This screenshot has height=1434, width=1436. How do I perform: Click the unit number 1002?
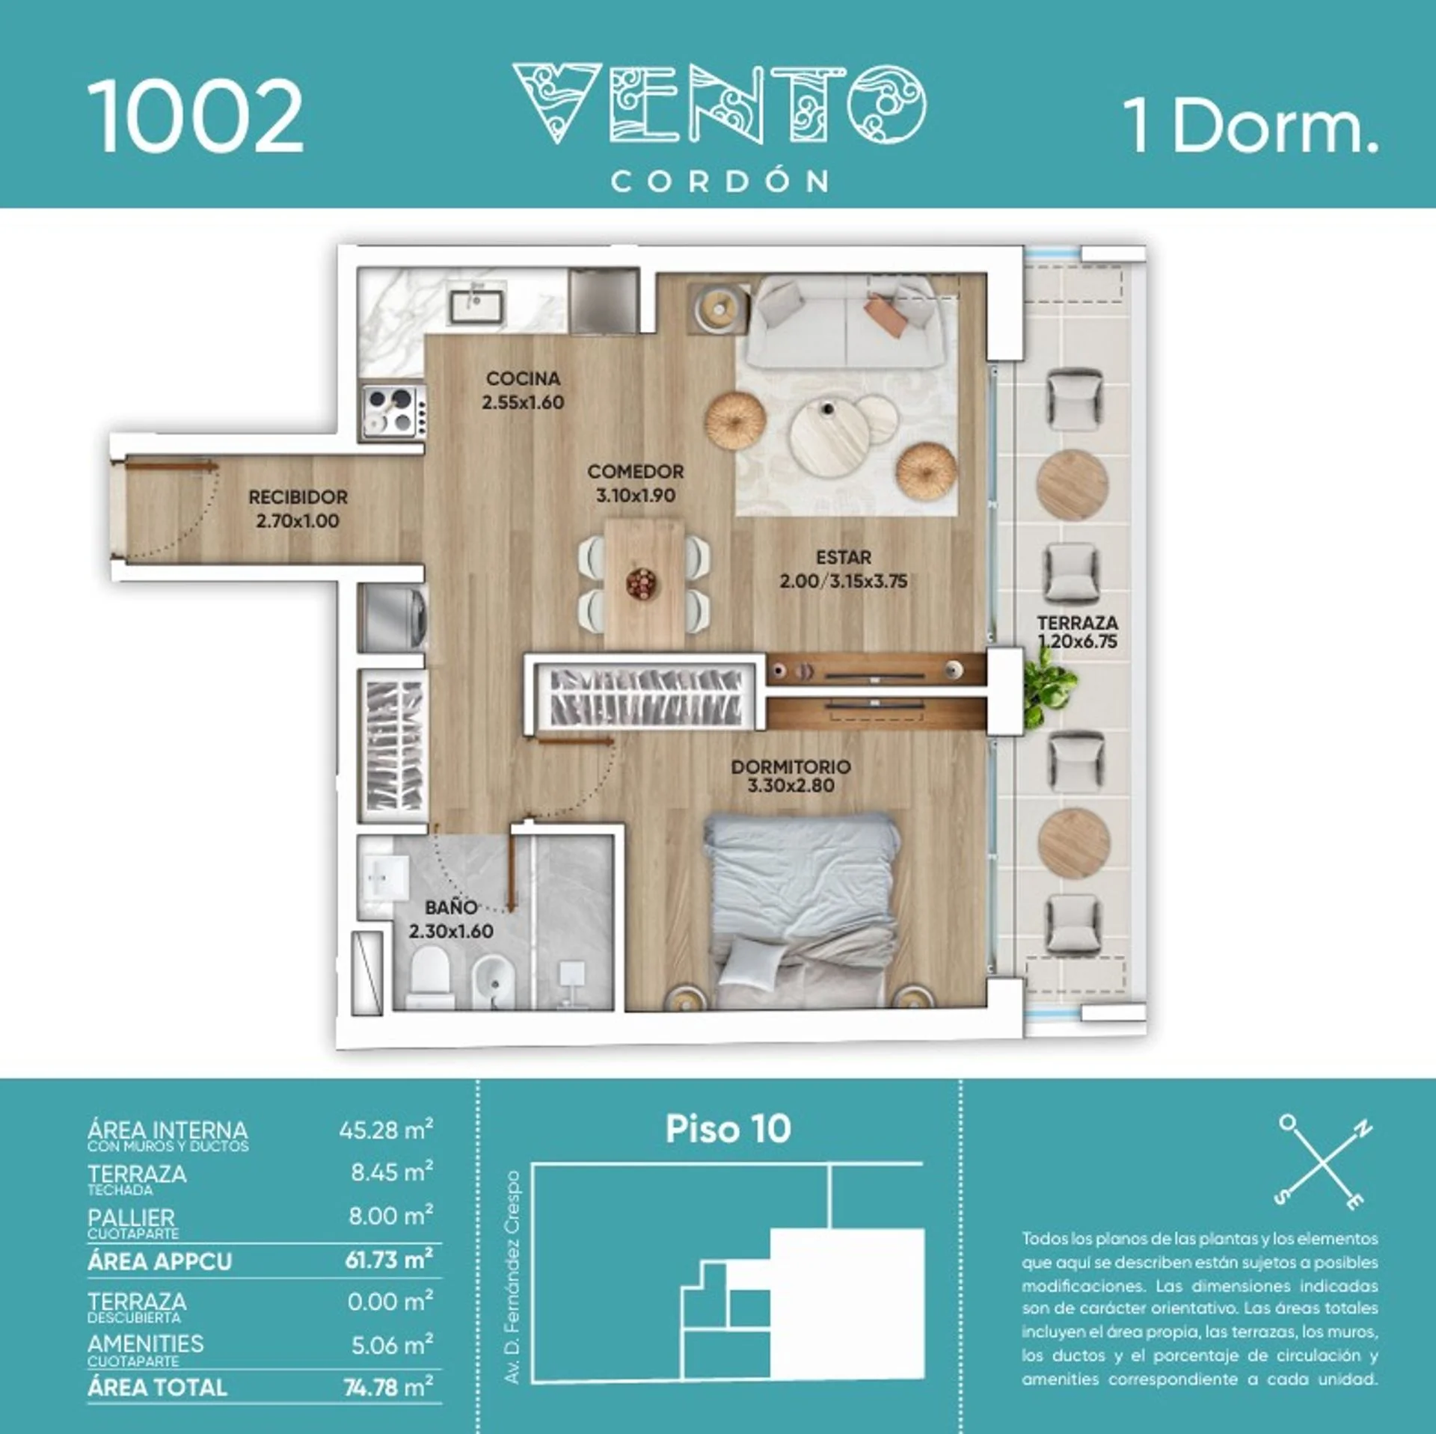[195, 117]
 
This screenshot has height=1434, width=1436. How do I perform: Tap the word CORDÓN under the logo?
[720, 181]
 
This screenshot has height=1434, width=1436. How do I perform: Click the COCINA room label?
[523, 378]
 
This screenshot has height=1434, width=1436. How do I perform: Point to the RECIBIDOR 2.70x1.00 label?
[298, 508]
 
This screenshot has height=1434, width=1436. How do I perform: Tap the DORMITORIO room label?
[791, 766]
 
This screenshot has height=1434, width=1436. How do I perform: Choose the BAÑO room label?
[451, 907]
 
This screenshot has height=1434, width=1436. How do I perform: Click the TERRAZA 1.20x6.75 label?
[1078, 632]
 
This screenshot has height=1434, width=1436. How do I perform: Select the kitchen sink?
[476, 305]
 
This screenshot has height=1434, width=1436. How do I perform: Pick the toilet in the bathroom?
[431, 976]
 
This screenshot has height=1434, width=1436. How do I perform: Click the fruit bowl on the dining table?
[642, 582]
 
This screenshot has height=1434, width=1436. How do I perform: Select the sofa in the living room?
[846, 324]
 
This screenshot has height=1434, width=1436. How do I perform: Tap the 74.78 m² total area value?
[388, 1387]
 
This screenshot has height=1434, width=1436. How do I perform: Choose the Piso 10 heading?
[728, 1130]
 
